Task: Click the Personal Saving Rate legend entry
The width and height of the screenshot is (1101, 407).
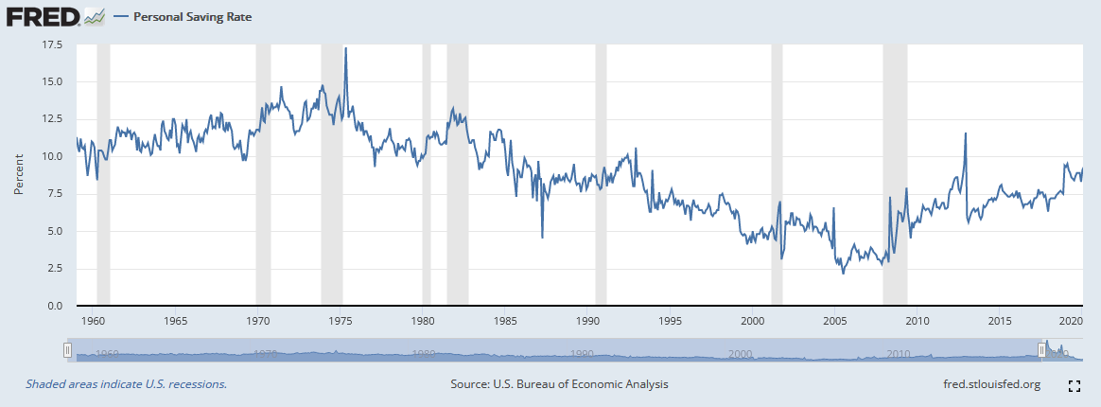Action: pyautogui.click(x=184, y=17)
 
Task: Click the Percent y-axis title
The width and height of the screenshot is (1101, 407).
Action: pyautogui.click(x=19, y=175)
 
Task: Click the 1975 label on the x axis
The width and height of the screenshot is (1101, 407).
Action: pyautogui.click(x=341, y=321)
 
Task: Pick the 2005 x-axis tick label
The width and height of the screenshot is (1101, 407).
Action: pyautogui.click(x=834, y=321)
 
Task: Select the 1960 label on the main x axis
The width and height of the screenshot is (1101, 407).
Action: pyautogui.click(x=93, y=321)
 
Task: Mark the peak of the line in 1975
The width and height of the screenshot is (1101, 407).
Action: pyautogui.click(x=345, y=48)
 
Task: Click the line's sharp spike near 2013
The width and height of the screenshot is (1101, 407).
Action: pyautogui.click(x=965, y=133)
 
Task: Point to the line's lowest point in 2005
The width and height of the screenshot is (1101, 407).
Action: pyautogui.click(x=843, y=274)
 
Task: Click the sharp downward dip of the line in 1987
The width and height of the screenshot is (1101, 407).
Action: pyautogui.click(x=542, y=237)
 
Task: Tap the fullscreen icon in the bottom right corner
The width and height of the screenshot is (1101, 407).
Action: pyautogui.click(x=1074, y=385)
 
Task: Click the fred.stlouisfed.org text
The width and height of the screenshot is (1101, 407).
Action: pyautogui.click(x=987, y=384)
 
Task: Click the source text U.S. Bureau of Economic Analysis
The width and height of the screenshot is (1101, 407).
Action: pyautogui.click(x=561, y=384)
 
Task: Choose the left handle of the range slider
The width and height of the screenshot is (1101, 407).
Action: pyautogui.click(x=67, y=350)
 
